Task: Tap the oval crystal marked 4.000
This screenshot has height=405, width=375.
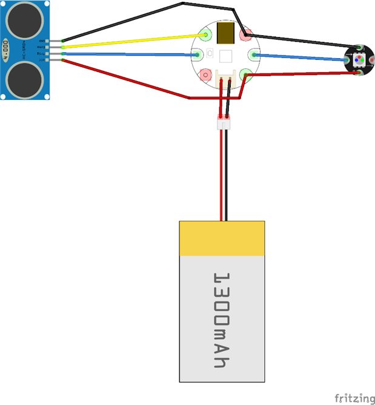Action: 6,50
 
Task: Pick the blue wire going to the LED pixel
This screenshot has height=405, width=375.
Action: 303,58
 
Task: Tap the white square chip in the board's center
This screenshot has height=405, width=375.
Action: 225,56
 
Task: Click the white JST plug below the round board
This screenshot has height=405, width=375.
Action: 224,123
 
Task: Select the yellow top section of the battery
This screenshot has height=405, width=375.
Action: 222,237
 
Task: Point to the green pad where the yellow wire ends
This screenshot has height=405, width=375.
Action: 205,35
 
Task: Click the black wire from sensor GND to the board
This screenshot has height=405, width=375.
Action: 121,22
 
